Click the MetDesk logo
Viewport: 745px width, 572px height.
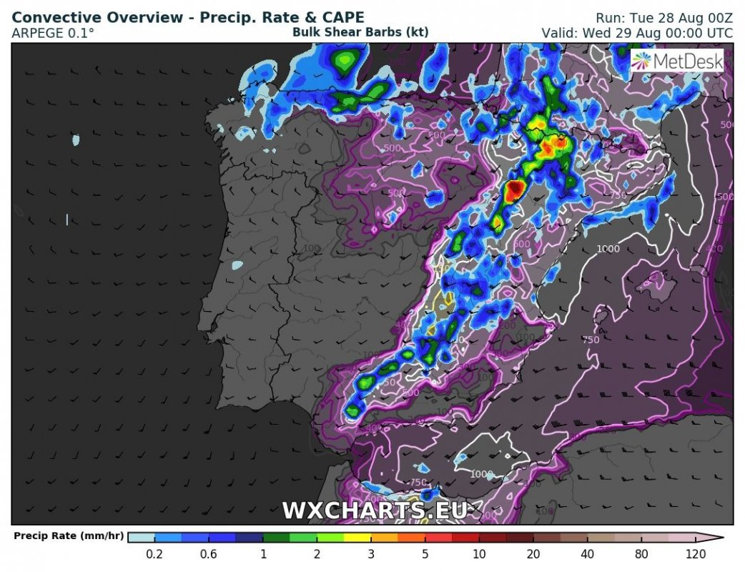pyautogui.click(x=678, y=61)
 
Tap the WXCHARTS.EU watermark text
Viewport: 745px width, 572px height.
pyautogui.click(x=374, y=511)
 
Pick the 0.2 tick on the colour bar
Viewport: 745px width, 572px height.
pyautogui.click(x=154, y=554)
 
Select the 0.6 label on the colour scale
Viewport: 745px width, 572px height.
pyautogui.click(x=208, y=554)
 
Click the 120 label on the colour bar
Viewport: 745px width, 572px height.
pyautogui.click(x=696, y=554)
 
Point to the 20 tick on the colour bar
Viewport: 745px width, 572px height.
pyautogui.click(x=533, y=554)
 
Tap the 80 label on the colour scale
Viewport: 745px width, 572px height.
pyautogui.click(x=641, y=554)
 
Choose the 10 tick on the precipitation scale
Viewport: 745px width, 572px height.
pyautogui.click(x=479, y=554)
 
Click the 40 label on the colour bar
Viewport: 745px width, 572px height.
pyautogui.click(x=587, y=554)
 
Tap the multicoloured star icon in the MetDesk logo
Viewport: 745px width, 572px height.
pyautogui.click(x=642, y=61)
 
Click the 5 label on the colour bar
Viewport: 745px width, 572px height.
pyautogui.click(x=425, y=554)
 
